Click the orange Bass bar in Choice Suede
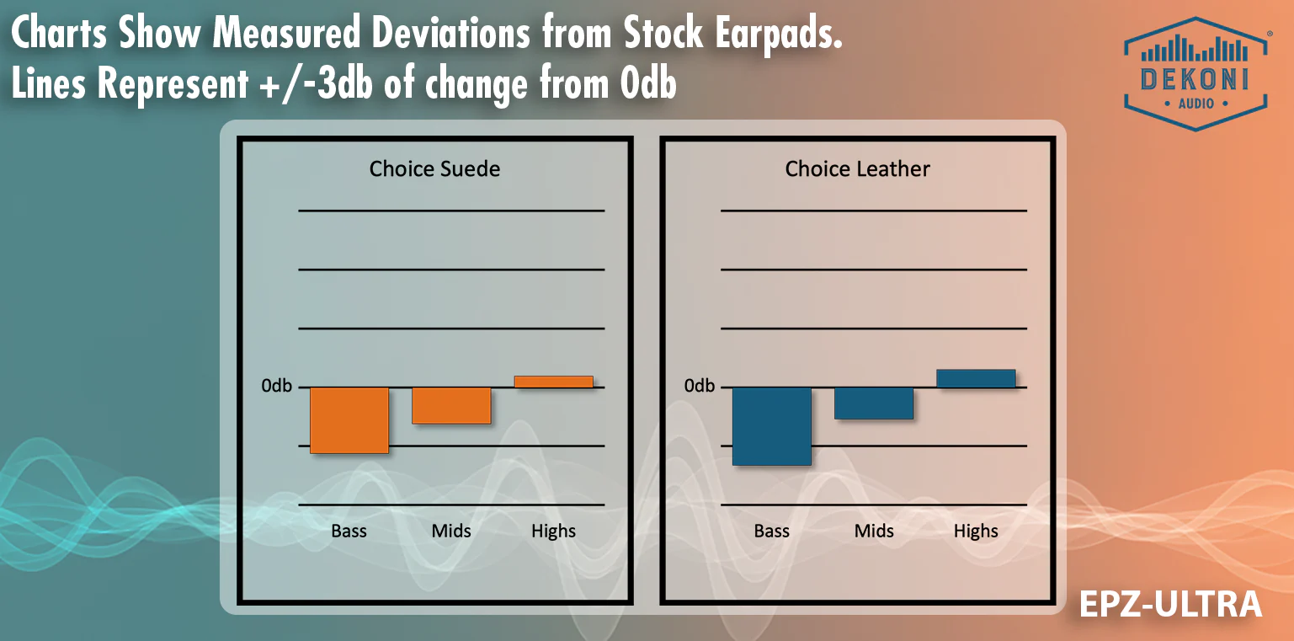coord(349,420)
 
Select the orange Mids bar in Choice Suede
coord(451,405)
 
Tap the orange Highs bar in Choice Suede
coord(553,382)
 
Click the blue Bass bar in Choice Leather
coord(772,426)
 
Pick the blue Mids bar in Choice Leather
coord(874,403)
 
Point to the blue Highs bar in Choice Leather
coord(976,378)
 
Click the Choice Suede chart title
coord(434,169)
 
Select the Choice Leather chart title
coord(857,169)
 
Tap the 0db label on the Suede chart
coord(276,386)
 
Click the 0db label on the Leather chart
coord(699,386)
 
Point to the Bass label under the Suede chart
coord(349,531)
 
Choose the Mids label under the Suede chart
coord(451,531)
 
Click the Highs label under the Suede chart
coord(553,531)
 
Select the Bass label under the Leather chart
coord(771,531)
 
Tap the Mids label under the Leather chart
coord(874,531)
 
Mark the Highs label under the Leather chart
coord(976,531)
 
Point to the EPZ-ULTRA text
coord(1170,604)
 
